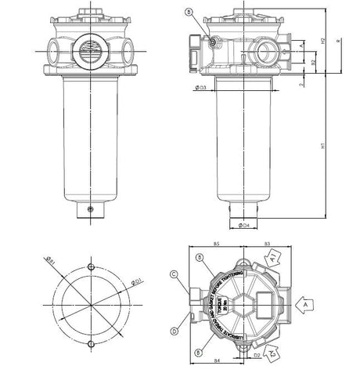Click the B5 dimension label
pos(216,245)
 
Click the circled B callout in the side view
pos(189,12)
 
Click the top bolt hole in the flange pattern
pos(93,269)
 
